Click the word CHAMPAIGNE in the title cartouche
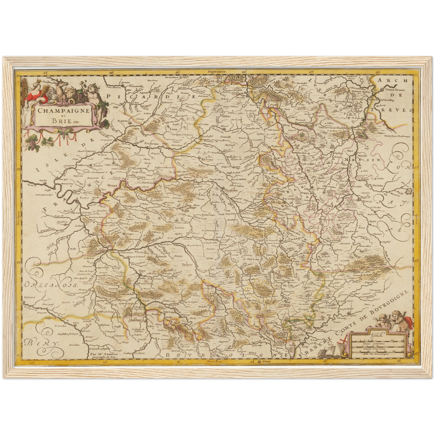point(64,110)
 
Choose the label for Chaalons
point(231,191)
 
